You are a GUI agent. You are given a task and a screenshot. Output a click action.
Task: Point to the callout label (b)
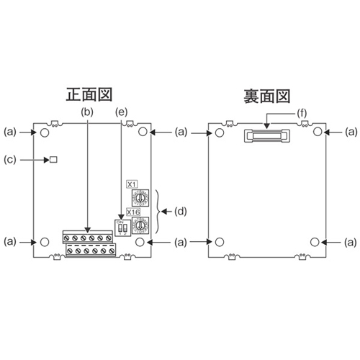(87, 112)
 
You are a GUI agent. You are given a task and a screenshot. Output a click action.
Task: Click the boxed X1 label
(132, 184)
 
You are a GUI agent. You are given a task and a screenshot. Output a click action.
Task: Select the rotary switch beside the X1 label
(143, 197)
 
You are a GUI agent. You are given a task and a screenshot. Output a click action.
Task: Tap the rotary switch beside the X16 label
(143, 225)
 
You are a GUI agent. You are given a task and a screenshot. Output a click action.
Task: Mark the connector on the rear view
(266, 134)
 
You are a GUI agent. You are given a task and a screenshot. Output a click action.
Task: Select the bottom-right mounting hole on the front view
(143, 242)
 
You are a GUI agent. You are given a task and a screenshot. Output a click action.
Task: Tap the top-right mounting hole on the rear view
(318, 132)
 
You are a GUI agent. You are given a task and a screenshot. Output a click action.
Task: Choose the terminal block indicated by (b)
(89, 244)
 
